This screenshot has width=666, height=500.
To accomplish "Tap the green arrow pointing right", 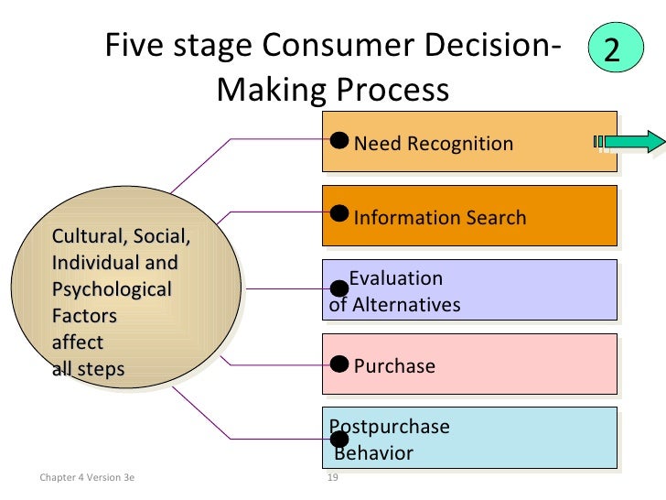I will pos(630,141).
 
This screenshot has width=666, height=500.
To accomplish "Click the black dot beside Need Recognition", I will pos(339,139).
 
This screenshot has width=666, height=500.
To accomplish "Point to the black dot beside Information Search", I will pos(339,213).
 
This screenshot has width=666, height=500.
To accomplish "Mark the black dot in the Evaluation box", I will pos(339,288).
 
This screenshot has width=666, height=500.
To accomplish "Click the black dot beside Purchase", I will pos(339,363).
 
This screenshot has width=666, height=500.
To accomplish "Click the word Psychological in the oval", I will pos(112,289).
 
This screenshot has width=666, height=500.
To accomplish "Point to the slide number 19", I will pos(333,477).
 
